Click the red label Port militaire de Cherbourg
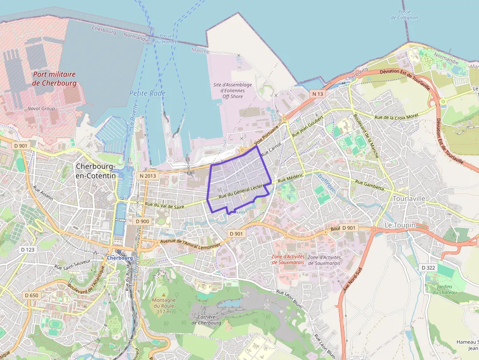(x=54, y=79)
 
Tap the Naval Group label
(x=42, y=108)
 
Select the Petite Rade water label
(x=147, y=93)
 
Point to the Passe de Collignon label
(x=404, y=15)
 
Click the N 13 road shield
(x=317, y=93)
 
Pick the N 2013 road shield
(x=148, y=176)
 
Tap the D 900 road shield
(x=142, y=221)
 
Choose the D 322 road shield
(x=428, y=267)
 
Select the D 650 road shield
(x=31, y=296)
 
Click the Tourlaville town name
(x=410, y=199)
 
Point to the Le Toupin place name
(x=400, y=225)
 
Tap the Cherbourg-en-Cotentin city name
(x=96, y=170)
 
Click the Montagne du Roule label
(x=163, y=305)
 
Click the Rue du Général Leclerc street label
(x=241, y=191)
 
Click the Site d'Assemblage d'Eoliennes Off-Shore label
(x=233, y=91)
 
